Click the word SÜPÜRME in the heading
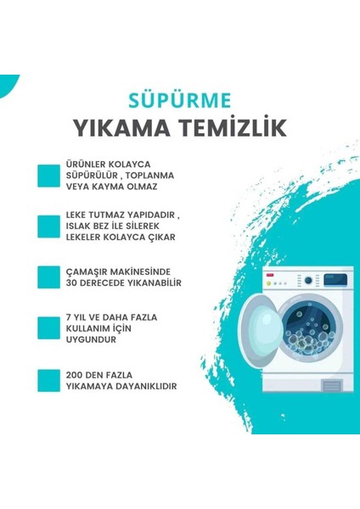tap(179, 100)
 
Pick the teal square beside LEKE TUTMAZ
tap(48, 227)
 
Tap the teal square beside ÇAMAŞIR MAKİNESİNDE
tap(48, 276)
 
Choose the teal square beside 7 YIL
tap(48, 328)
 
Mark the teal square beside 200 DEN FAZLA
tap(48, 379)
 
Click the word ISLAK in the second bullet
tap(82, 227)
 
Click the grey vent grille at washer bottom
tap(332, 386)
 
